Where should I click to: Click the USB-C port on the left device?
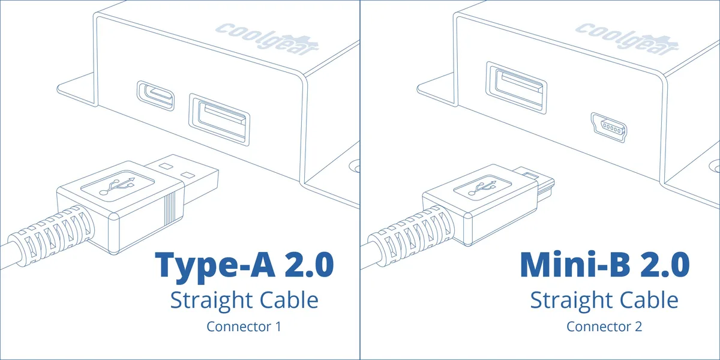coord(156,95)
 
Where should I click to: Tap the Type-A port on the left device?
coord(220,119)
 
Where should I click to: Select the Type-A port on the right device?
coord(516,88)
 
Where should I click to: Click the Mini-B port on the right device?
coord(608,128)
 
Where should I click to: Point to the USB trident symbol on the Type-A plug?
coord(118,187)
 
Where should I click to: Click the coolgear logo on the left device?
coord(267,39)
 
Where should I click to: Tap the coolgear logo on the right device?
coord(627,39)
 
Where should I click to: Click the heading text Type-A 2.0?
coord(244,265)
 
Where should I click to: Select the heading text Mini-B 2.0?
coord(605,265)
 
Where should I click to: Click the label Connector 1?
coord(244,326)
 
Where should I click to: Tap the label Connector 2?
coord(604,326)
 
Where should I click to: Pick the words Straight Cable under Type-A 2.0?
coord(244,300)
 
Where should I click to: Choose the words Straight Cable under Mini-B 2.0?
coord(604,300)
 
